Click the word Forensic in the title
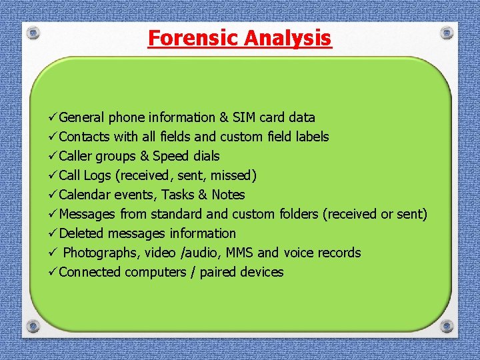(x=193, y=38)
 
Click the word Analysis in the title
(x=287, y=38)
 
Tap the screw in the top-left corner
(x=33, y=33)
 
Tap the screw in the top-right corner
(x=447, y=33)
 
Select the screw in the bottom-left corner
(x=33, y=326)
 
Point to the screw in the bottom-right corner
(x=447, y=326)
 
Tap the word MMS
(x=239, y=253)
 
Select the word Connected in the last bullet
(x=90, y=273)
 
